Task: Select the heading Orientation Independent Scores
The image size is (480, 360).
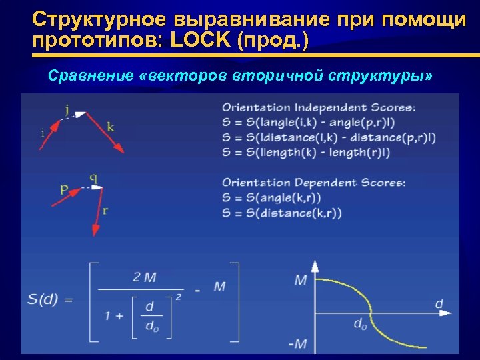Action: (x=319, y=107)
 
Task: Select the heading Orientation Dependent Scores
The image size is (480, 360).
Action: (x=313, y=182)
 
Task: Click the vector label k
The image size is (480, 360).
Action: (x=110, y=127)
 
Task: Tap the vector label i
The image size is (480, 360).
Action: (x=43, y=133)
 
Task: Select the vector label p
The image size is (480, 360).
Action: (x=64, y=189)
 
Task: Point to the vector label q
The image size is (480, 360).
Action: (x=93, y=178)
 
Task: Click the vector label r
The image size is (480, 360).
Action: (x=105, y=211)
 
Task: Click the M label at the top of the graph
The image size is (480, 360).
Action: (x=301, y=279)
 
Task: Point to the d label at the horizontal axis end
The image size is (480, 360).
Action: (x=439, y=304)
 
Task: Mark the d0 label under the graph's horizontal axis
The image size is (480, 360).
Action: (x=360, y=325)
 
